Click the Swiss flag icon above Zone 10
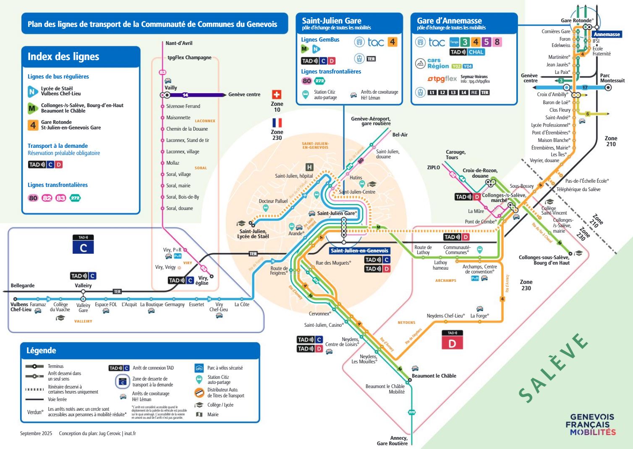click(x=277, y=95)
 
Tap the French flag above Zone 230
click(x=277, y=123)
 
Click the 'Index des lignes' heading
click(x=63, y=57)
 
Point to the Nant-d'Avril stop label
click(x=179, y=43)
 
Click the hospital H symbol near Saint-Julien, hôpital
click(x=309, y=167)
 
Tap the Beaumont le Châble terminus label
click(x=434, y=376)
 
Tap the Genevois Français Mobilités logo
click(x=592, y=424)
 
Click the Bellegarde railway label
click(x=23, y=286)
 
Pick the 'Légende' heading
click(x=41, y=351)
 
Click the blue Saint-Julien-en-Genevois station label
click(x=359, y=251)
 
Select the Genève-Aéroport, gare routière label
click(x=371, y=121)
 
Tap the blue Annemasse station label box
click(x=607, y=34)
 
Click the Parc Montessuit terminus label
click(x=612, y=78)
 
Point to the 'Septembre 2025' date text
click(x=36, y=433)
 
